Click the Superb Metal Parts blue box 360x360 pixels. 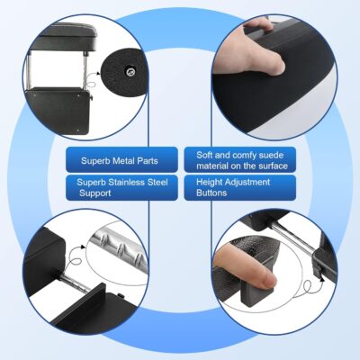[120, 163]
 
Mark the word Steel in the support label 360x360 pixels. [160, 182]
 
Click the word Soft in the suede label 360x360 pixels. [206, 155]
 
